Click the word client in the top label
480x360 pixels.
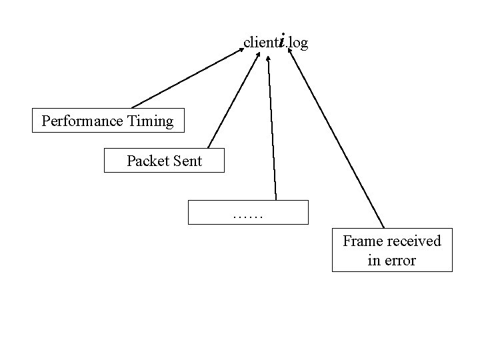pyautogui.click(x=260, y=43)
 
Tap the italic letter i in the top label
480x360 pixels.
pyautogui.click(x=283, y=41)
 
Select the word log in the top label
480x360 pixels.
pyautogui.click(x=299, y=43)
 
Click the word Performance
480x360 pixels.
pyautogui.click(x=82, y=121)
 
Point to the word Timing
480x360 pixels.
pyautogui.click(x=150, y=121)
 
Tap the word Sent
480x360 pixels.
pyautogui.click(x=187, y=161)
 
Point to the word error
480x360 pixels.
pyautogui.click(x=399, y=261)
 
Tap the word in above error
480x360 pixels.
pyautogui.click(x=373, y=261)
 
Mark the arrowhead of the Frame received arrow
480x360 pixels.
pyautogui.click(x=291, y=52)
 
